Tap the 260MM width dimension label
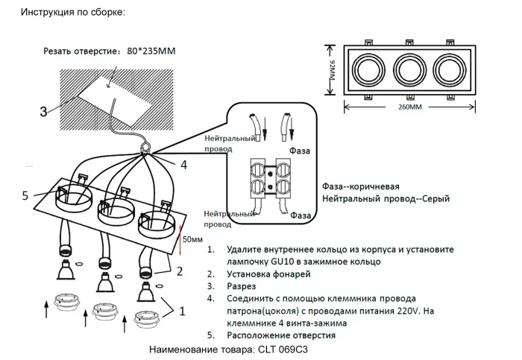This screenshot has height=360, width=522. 408,107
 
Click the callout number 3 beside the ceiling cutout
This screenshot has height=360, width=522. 43,112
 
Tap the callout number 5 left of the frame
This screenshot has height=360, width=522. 25,195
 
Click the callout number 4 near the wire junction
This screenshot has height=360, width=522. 183,164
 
